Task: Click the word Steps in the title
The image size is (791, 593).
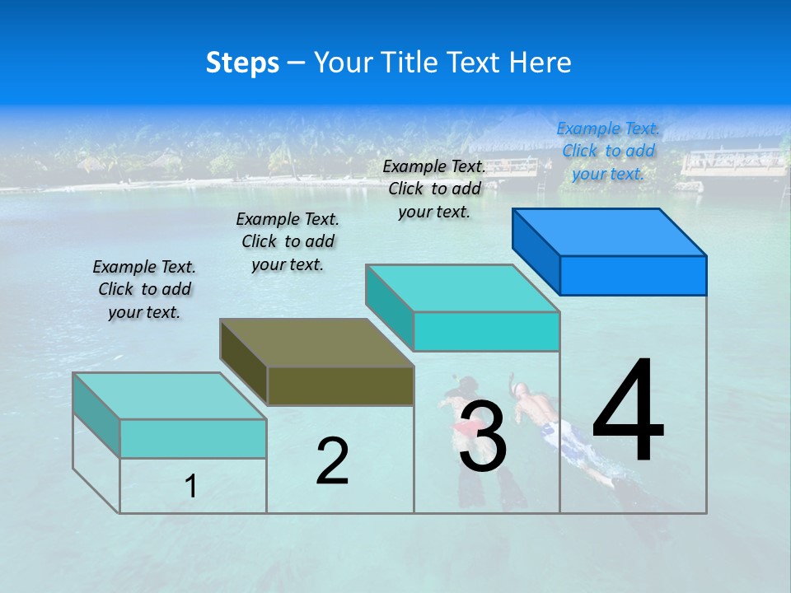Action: point(242,63)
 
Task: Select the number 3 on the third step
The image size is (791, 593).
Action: point(482,437)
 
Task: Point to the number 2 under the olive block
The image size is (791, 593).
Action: point(332,461)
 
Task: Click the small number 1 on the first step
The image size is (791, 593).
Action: point(191,487)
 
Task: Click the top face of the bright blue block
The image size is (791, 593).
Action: point(610,231)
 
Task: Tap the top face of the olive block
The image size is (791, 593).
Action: point(316,342)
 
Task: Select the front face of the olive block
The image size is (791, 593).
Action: point(340,385)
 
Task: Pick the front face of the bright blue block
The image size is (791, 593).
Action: point(633,275)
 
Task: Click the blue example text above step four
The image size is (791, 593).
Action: point(608,151)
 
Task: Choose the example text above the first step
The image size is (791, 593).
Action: point(144,289)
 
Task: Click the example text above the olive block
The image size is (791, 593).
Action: point(288,241)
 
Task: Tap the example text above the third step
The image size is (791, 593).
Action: point(434,189)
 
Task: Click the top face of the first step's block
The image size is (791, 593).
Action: point(169,395)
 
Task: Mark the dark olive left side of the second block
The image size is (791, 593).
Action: point(244,362)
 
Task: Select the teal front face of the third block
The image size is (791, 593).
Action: point(486,331)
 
